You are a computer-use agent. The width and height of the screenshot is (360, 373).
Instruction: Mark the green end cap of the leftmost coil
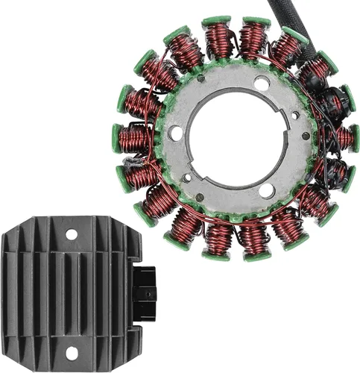point(119,138)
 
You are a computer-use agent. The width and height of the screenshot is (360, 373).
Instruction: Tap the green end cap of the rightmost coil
point(353,138)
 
